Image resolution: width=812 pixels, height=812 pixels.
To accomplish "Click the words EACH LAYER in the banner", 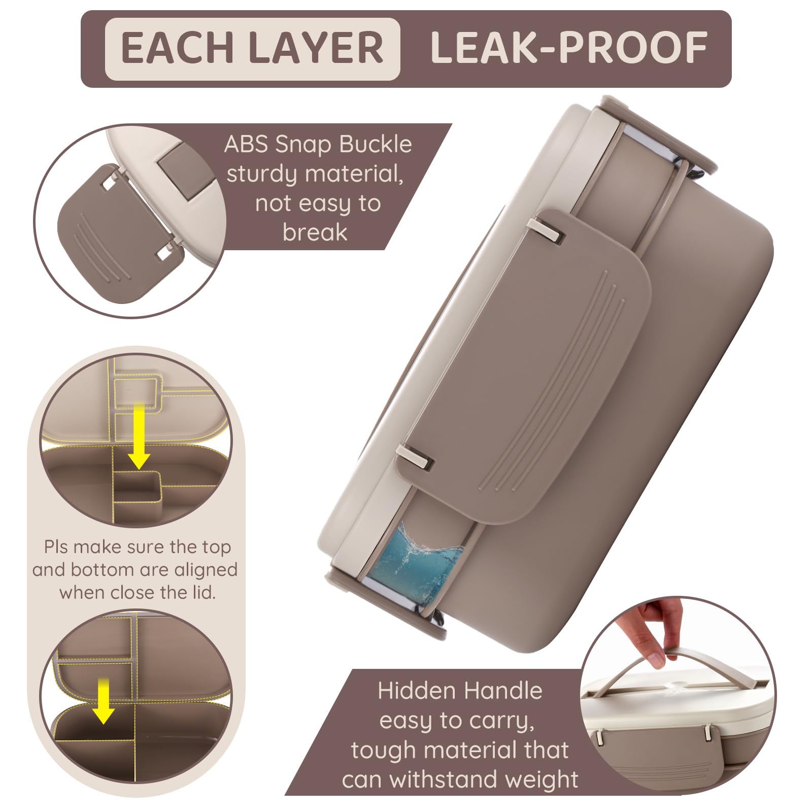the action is pyautogui.click(x=252, y=49).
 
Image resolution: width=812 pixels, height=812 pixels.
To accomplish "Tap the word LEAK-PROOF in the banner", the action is pyautogui.click(x=569, y=49).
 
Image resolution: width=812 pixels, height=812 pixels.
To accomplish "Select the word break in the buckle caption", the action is pyautogui.click(x=315, y=232).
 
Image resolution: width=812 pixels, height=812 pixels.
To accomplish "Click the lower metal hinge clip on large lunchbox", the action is pyautogui.click(x=416, y=456).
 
